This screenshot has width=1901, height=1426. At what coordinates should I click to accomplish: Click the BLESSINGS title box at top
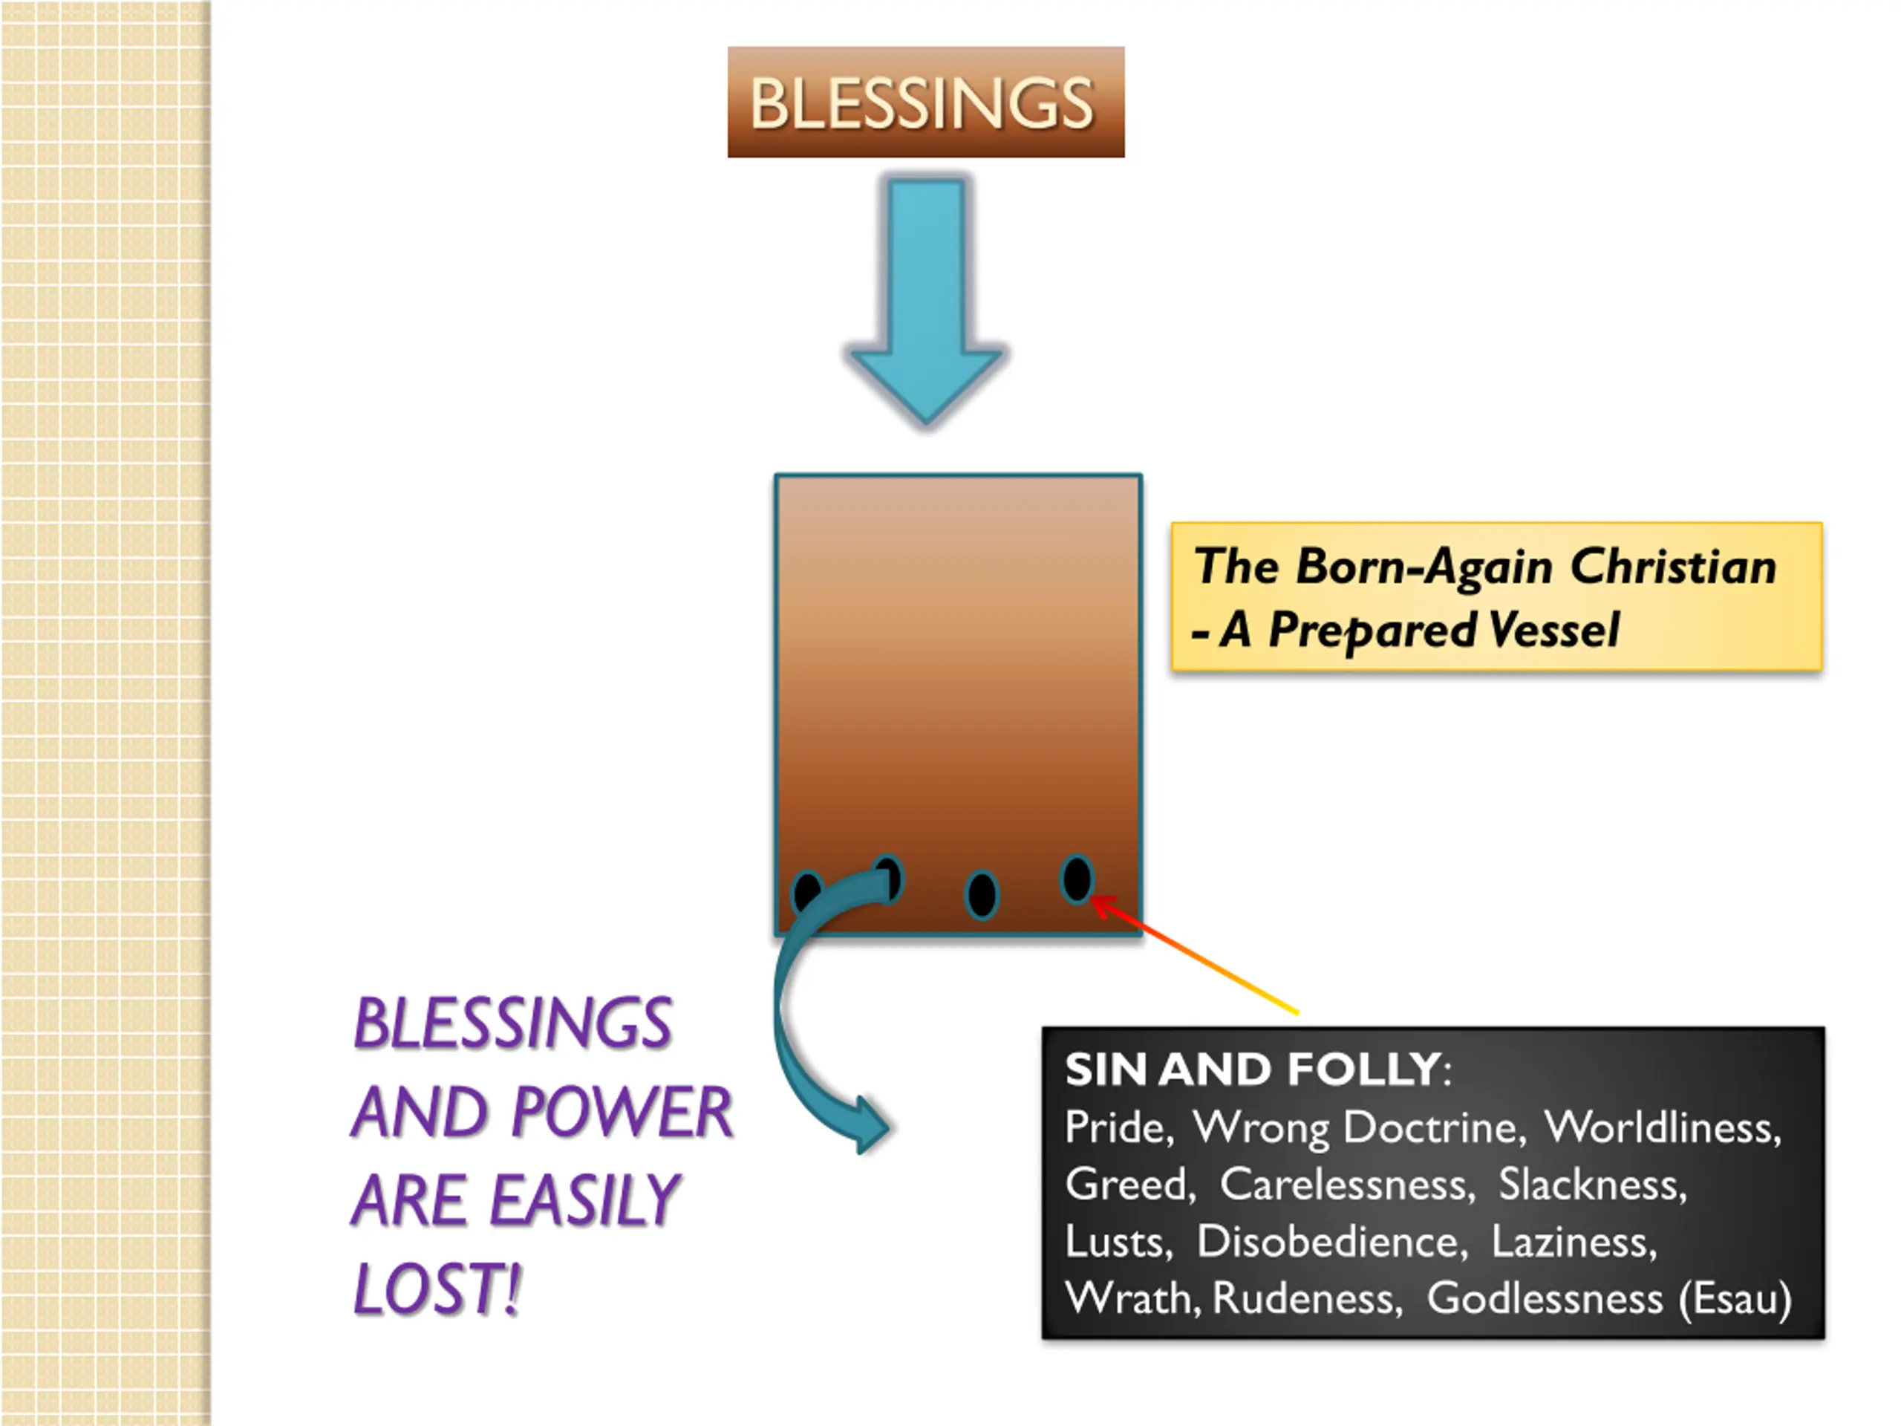click(x=925, y=102)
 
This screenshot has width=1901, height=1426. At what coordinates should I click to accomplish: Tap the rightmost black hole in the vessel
click(x=1076, y=879)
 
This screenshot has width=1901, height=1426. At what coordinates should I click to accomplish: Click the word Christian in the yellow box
click(x=1672, y=567)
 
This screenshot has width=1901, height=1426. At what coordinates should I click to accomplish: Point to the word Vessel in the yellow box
click(x=1553, y=630)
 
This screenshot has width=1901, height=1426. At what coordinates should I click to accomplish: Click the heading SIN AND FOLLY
click(x=1253, y=1070)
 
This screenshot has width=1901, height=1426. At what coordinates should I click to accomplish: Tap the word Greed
click(x=1126, y=1185)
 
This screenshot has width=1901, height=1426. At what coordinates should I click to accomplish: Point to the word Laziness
click(x=1572, y=1241)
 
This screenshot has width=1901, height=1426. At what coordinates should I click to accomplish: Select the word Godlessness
click(x=1545, y=1299)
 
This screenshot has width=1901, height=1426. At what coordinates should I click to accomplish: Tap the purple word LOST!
click(x=437, y=1289)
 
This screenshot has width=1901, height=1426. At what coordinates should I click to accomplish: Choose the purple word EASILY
click(x=584, y=1201)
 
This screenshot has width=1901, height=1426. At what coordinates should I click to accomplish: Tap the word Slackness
click(x=1591, y=1185)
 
